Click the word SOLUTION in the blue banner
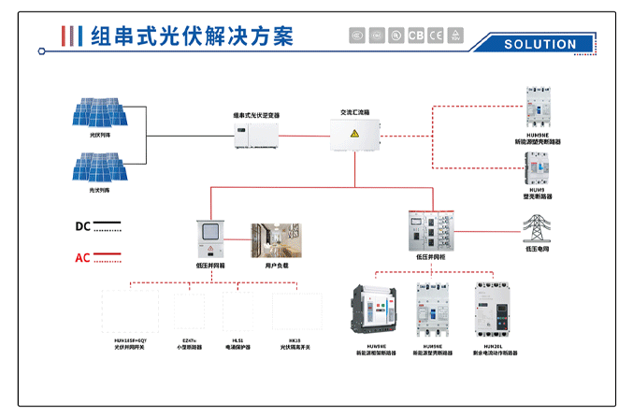click(539, 44)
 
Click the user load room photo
click(276, 240)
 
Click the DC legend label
click(82, 226)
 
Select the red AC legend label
click(82, 257)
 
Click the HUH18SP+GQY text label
click(131, 341)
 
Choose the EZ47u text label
click(190, 341)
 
